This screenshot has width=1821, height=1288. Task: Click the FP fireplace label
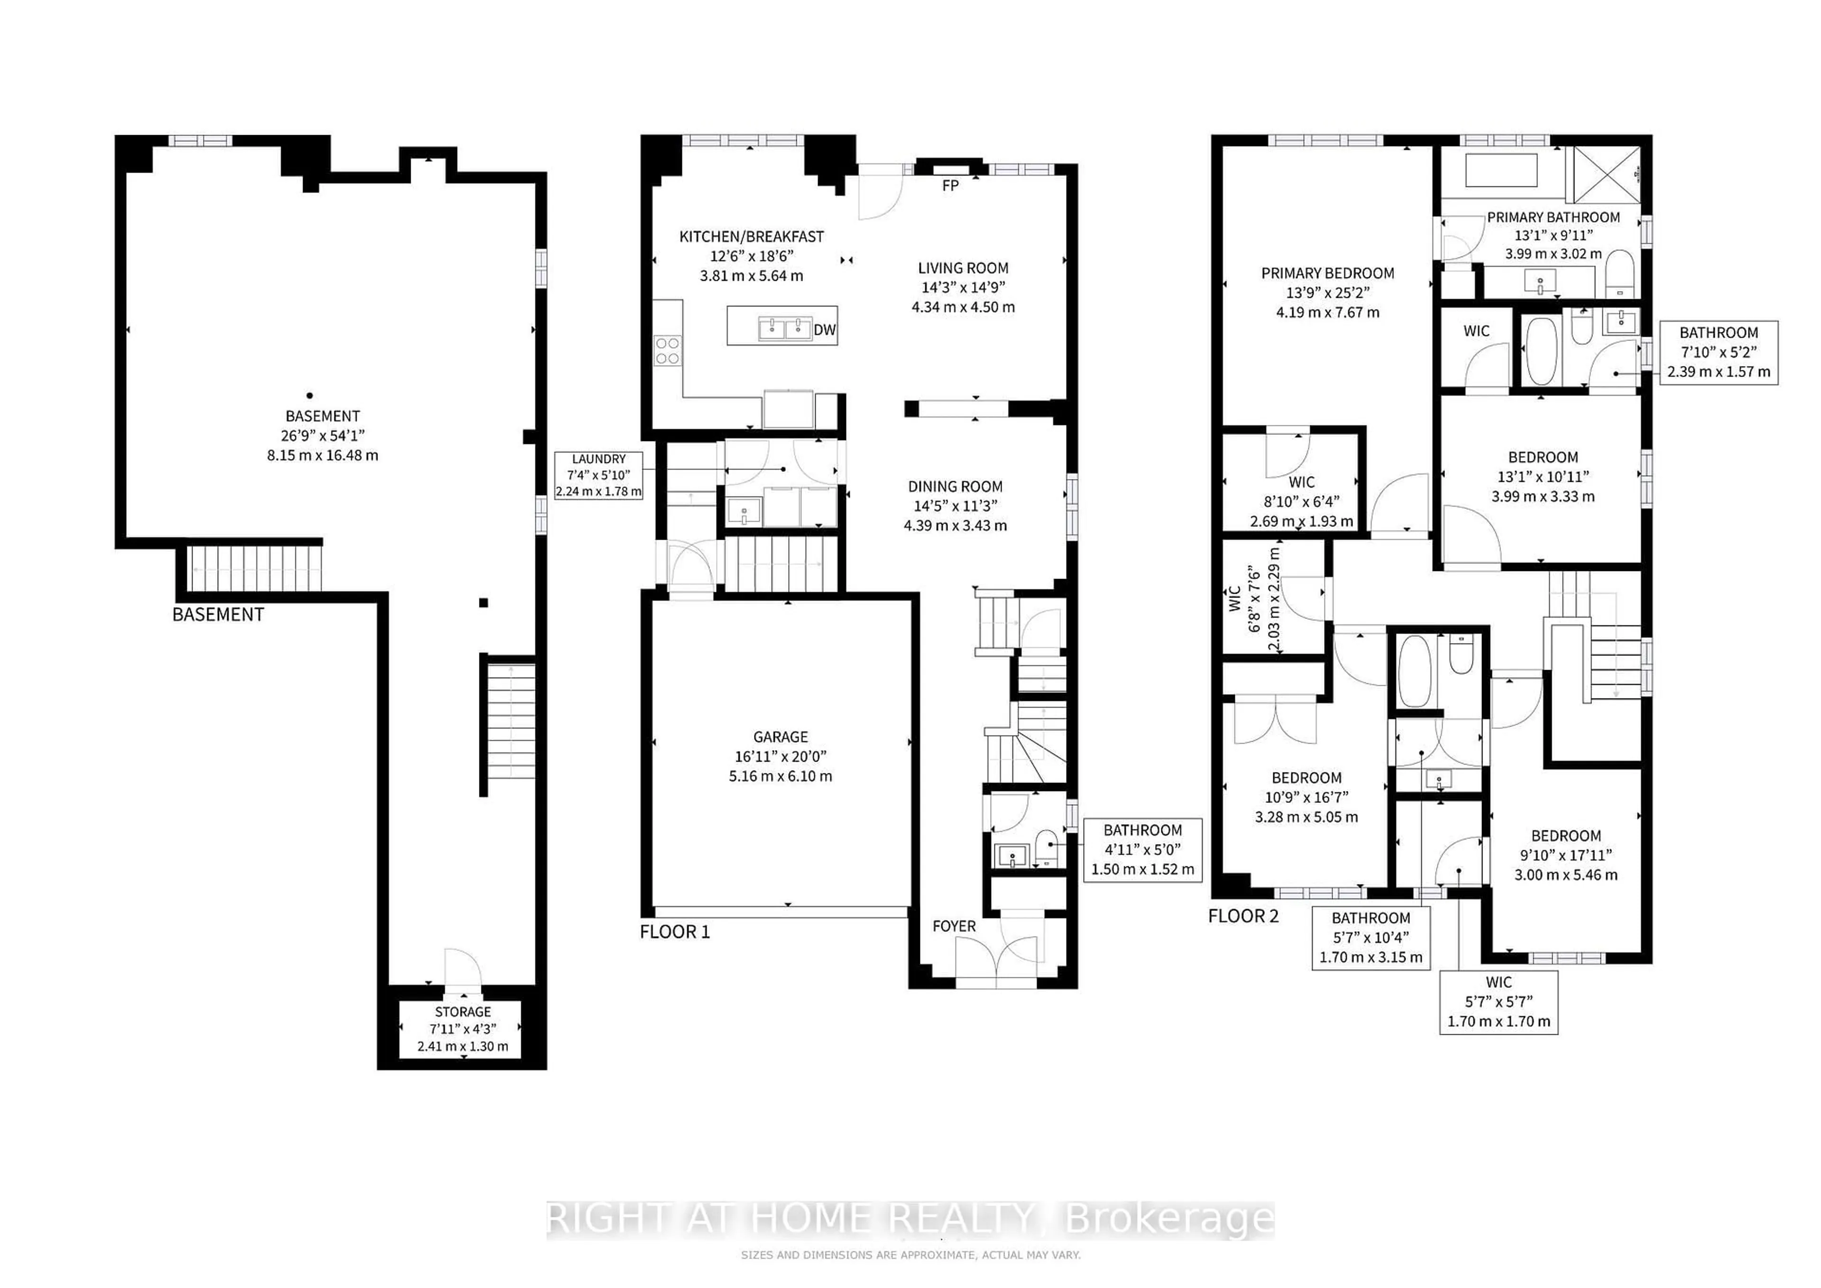tap(950, 185)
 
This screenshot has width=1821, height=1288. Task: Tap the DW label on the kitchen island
tap(825, 330)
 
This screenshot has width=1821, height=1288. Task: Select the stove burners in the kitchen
tap(667, 350)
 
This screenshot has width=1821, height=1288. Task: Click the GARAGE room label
tap(781, 737)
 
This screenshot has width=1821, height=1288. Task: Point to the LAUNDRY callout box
tap(599, 475)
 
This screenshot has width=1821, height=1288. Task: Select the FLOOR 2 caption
tap(1243, 916)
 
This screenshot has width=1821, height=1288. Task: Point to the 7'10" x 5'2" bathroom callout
tap(1719, 352)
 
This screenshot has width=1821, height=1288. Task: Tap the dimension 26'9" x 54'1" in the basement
tap(323, 435)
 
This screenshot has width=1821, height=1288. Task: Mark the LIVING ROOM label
tap(963, 268)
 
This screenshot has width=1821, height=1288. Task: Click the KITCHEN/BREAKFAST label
tap(751, 236)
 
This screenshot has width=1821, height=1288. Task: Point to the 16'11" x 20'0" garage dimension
tap(781, 756)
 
